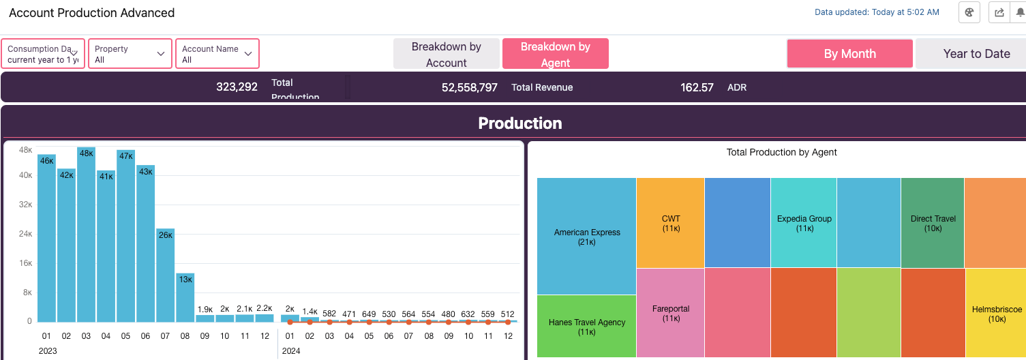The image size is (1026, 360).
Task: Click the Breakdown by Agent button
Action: [555, 54]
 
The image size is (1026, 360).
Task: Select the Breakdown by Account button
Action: [446, 54]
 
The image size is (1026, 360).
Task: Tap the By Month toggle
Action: [849, 54]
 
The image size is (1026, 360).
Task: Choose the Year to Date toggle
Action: [976, 54]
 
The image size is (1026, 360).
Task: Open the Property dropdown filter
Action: [130, 54]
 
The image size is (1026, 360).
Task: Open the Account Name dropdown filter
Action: [217, 54]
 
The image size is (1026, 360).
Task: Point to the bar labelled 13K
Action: [185, 297]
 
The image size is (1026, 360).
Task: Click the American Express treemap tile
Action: [586, 237]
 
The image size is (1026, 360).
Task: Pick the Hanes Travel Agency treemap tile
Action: [586, 327]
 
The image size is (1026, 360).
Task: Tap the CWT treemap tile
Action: [670, 223]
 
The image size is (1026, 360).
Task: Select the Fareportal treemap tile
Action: [670, 313]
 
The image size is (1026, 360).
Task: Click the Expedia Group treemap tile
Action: [804, 223]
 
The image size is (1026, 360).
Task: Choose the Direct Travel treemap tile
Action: [933, 223]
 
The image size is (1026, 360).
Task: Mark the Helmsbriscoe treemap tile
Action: [996, 314]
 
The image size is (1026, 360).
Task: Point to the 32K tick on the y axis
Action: [25, 204]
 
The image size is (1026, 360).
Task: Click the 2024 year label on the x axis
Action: [291, 351]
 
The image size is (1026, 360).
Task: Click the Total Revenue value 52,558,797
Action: [469, 87]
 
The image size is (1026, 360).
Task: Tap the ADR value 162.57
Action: [697, 87]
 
